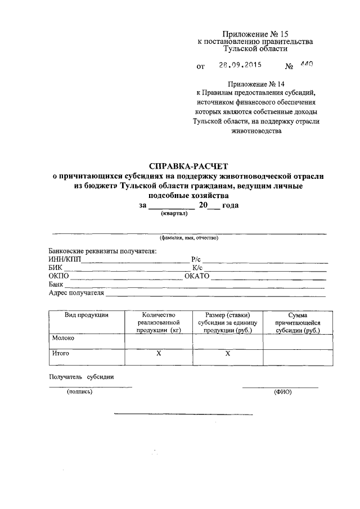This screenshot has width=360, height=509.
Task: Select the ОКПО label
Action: point(58,276)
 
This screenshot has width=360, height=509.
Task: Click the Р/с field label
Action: point(197,259)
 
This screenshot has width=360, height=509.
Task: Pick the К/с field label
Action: point(197,268)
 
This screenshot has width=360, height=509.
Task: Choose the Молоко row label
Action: point(63,338)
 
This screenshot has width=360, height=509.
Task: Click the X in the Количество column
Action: point(159,354)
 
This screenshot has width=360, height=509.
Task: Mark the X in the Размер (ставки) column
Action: point(228,354)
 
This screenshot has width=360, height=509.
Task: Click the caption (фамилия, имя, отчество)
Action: point(188,238)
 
